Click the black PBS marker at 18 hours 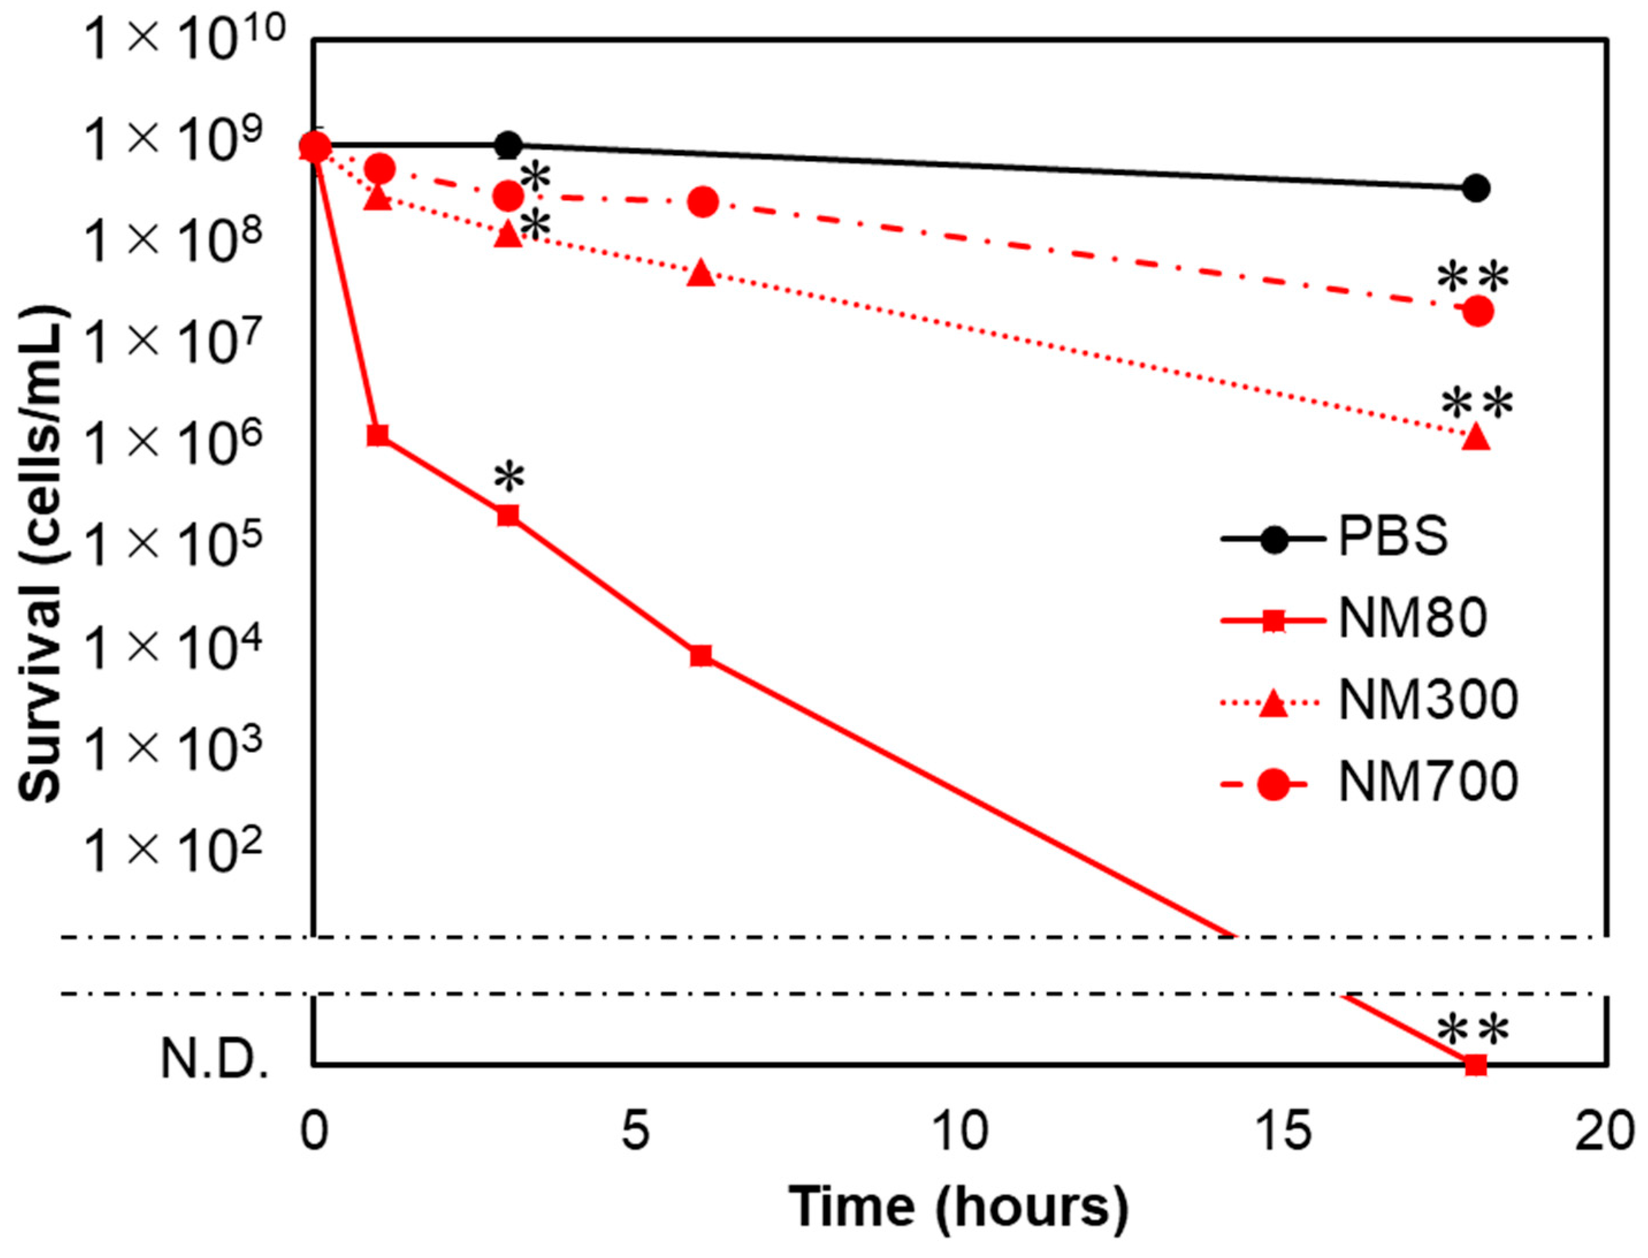point(1475,188)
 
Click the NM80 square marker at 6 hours point(701,656)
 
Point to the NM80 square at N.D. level point(1475,1064)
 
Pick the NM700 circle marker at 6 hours point(703,201)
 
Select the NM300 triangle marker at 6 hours point(701,273)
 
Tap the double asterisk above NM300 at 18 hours point(1477,405)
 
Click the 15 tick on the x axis point(1285,1131)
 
